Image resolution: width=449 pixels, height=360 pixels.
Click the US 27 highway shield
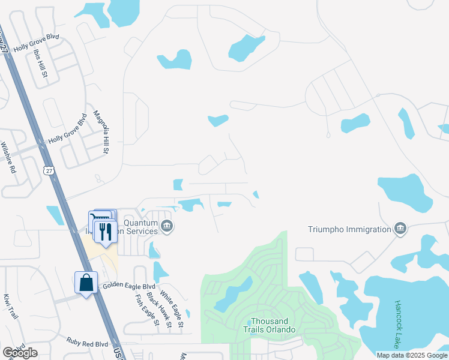49,171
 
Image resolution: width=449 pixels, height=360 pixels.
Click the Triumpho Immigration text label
349,229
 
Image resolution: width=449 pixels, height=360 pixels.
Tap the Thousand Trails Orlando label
270,325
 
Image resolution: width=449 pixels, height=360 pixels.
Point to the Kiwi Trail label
8,306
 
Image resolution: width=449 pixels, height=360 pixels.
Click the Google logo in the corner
20,353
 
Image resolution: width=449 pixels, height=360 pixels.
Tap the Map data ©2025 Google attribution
412,355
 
